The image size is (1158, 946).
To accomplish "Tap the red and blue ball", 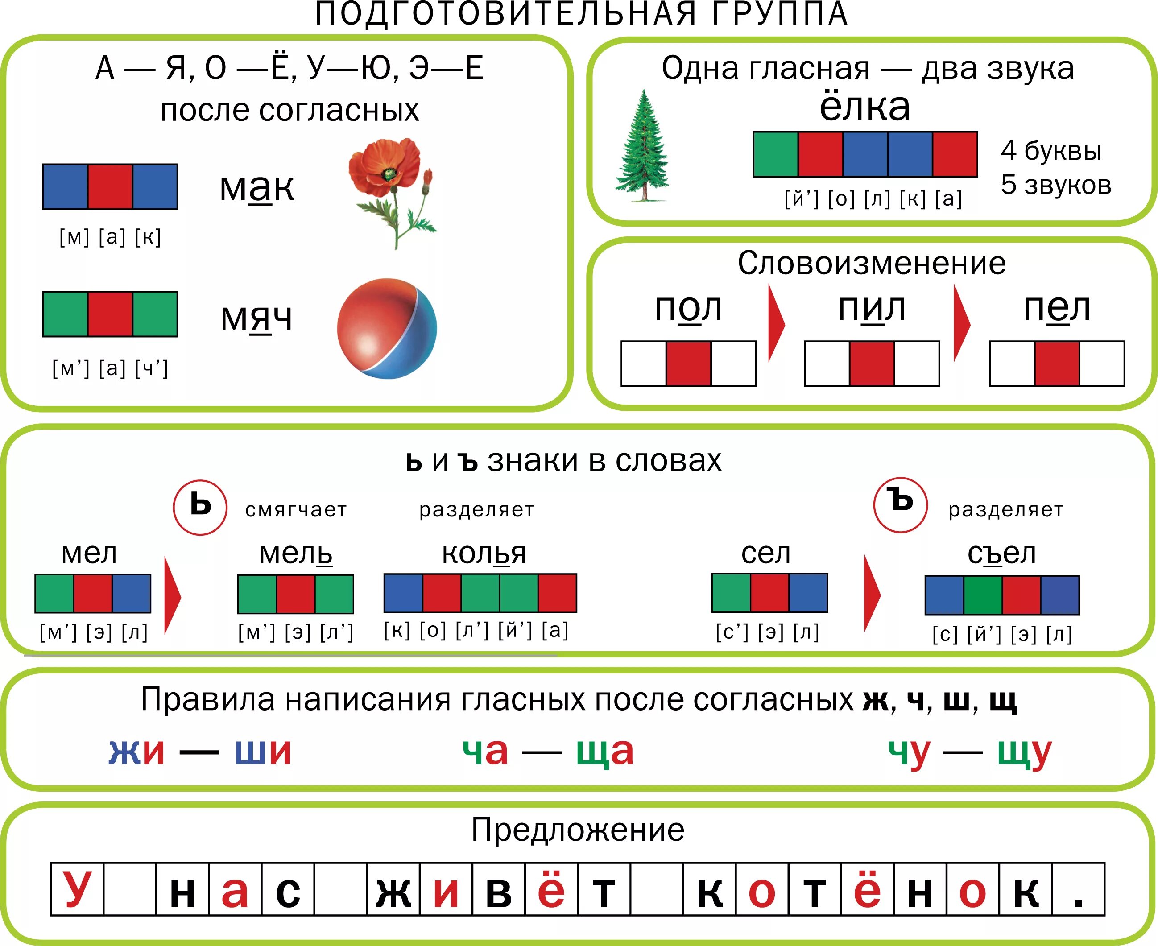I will click(387, 329).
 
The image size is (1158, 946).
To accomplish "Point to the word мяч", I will click(256, 318).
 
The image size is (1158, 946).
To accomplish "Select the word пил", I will click(871, 309).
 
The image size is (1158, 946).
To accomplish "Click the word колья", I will click(484, 554).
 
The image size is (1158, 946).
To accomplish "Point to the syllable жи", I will click(136, 752).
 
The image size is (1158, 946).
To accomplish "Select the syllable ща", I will click(605, 752).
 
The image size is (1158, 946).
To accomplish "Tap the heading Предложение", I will click(578, 830).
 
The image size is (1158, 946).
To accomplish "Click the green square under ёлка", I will click(775, 154).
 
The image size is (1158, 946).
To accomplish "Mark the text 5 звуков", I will click(1055, 185).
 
